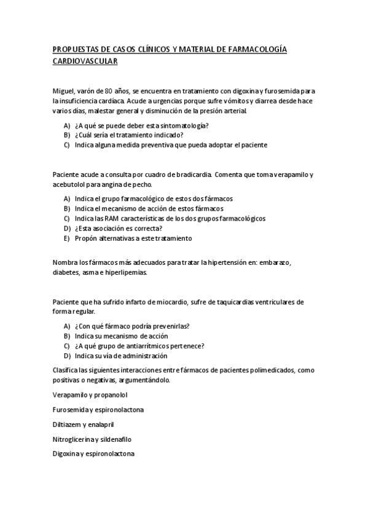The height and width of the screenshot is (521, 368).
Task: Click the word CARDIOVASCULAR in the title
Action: tap(85, 62)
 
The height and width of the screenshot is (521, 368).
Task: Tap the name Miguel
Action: tap(64, 90)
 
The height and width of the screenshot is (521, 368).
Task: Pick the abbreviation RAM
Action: tap(114, 218)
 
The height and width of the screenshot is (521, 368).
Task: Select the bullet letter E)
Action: tap(66, 238)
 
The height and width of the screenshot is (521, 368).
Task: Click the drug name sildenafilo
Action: tap(115, 439)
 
